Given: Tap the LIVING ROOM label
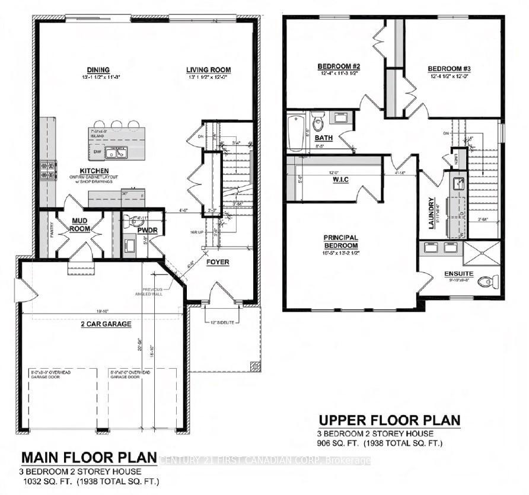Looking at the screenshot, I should pos(208,70).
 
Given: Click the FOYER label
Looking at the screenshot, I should pos(218,261).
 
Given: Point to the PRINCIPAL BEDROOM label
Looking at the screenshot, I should pos(340,241).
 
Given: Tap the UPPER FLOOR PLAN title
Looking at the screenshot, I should pos(389,420).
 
